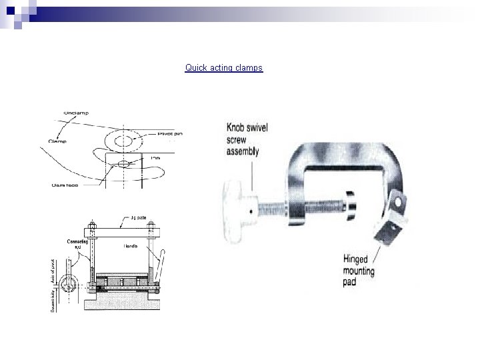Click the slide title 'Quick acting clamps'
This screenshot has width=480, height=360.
click(x=224, y=68)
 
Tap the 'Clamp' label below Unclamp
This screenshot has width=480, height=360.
click(x=58, y=141)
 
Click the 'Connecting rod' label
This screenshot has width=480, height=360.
click(x=75, y=244)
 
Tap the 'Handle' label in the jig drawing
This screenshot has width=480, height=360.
click(x=131, y=246)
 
